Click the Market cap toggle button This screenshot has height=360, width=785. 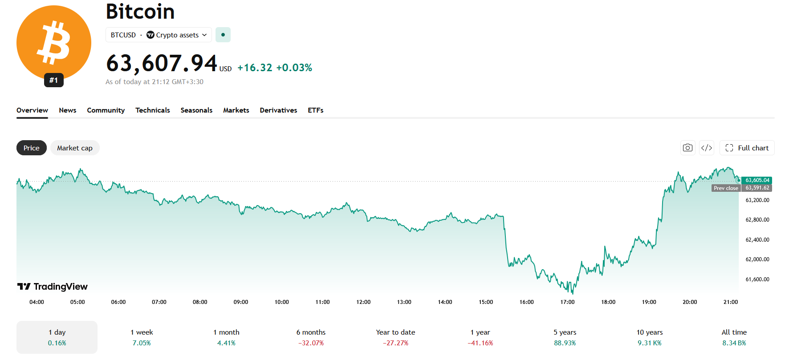coord(75,148)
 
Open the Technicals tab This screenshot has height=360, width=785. coord(153,110)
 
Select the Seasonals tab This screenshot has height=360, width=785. coord(196,110)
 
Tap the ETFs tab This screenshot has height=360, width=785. coord(316,110)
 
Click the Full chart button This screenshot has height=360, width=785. coord(747,148)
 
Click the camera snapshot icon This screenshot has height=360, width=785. coord(688,148)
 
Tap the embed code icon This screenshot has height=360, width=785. coord(707,148)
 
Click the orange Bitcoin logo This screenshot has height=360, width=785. coord(54,43)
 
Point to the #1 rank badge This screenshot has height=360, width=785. coord(54,80)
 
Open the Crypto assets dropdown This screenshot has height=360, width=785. coord(177,35)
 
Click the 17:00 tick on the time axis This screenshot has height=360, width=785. coord(567,302)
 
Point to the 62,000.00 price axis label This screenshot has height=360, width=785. coord(757,259)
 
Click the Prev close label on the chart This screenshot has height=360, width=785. coord(726,188)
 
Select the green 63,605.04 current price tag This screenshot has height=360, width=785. coord(757,180)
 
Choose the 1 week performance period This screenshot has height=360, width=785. coord(142,337)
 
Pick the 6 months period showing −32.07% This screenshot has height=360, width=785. coord(311,337)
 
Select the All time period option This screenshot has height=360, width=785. coord(734,337)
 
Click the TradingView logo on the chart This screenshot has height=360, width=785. coord(53,287)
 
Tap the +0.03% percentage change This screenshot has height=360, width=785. coord(294,68)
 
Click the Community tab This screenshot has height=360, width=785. coord(106,110)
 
